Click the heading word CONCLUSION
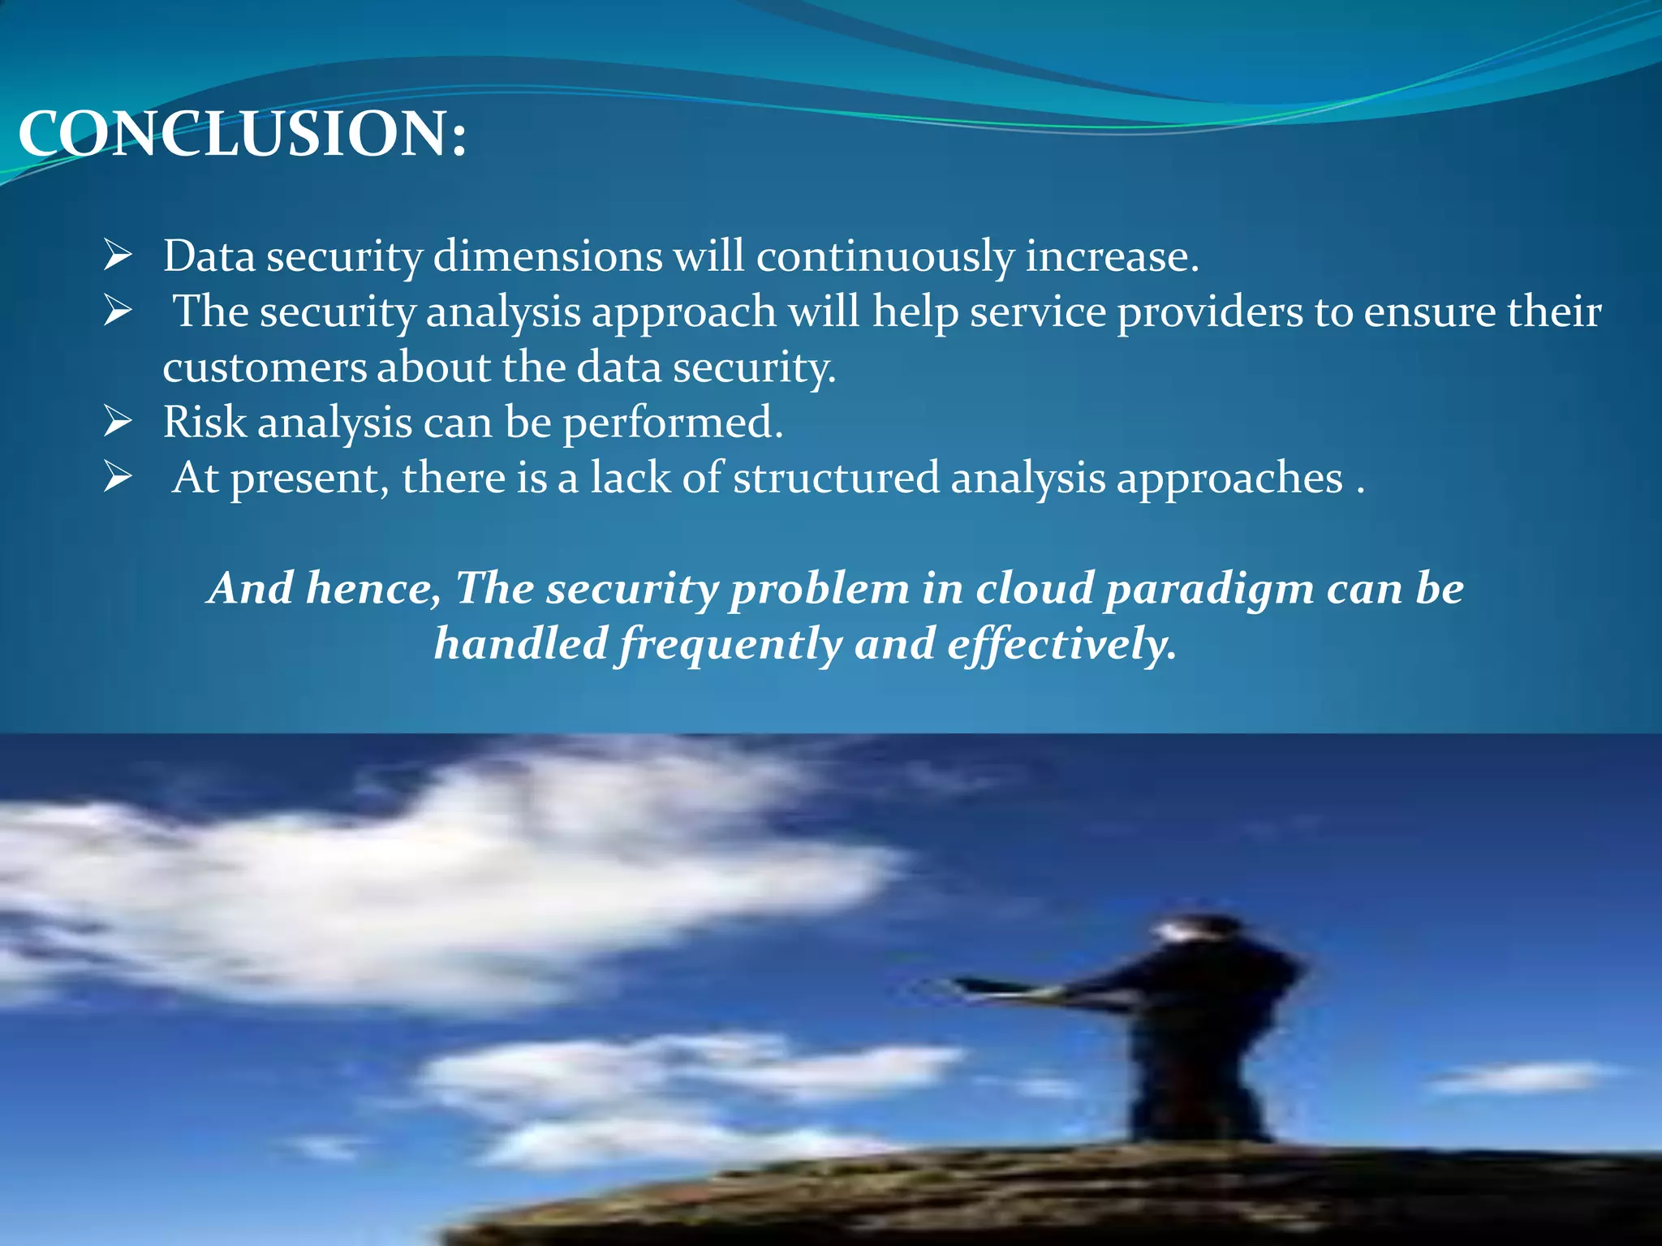click(242, 134)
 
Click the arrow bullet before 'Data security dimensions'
click(118, 256)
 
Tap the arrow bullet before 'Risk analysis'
click(118, 422)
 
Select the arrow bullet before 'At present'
click(118, 477)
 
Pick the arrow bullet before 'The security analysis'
click(118, 311)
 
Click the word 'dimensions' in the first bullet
click(548, 256)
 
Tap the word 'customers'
click(264, 367)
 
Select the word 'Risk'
click(205, 422)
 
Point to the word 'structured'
click(836, 477)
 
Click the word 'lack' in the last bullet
click(631, 477)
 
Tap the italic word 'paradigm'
click(1209, 589)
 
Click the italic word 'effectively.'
click(1061, 645)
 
